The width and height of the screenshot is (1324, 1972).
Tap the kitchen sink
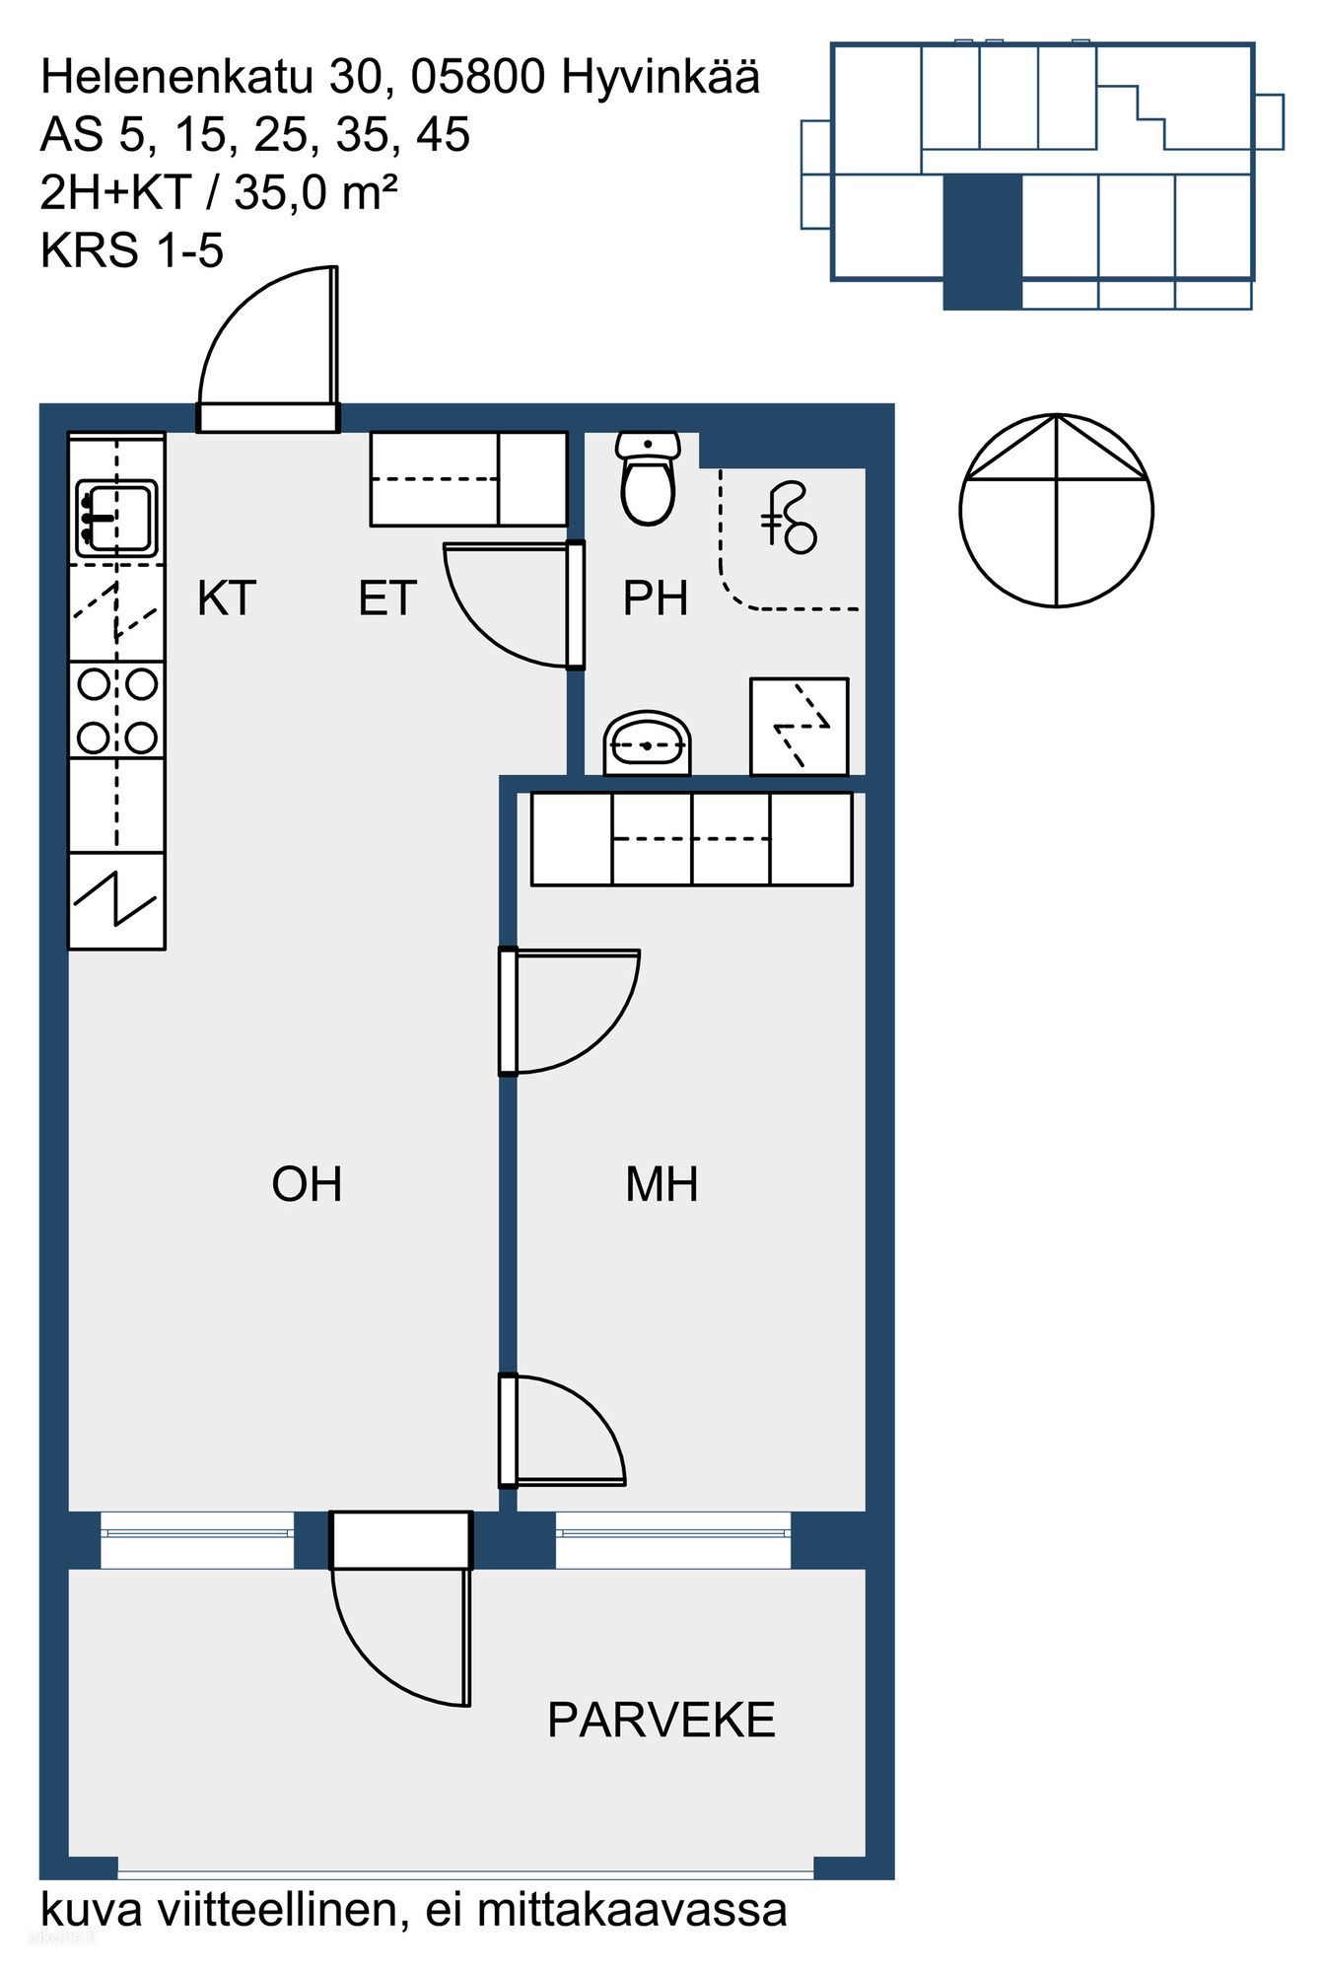pyautogui.click(x=116, y=517)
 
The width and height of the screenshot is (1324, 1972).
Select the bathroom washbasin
pyautogui.click(x=647, y=743)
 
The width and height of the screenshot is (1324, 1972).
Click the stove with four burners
pyautogui.click(x=116, y=711)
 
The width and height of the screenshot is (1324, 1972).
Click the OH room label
pyautogui.click(x=307, y=1184)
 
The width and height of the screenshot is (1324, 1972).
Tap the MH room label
pyautogui.click(x=662, y=1184)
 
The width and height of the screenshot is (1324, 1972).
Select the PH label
pyautogui.click(x=655, y=599)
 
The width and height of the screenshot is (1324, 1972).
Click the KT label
pyautogui.click(x=227, y=599)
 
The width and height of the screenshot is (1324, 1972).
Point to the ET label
pyautogui.click(x=387, y=599)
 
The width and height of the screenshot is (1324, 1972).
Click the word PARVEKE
pyautogui.click(x=662, y=1721)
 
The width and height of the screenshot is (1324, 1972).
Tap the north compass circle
pyautogui.click(x=1056, y=510)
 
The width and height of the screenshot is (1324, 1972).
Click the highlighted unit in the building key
pyautogui.click(x=983, y=243)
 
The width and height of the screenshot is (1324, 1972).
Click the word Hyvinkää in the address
pyautogui.click(x=661, y=78)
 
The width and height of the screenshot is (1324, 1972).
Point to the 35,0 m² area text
pyautogui.click(x=315, y=192)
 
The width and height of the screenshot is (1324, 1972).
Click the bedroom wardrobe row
pyautogui.click(x=691, y=839)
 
